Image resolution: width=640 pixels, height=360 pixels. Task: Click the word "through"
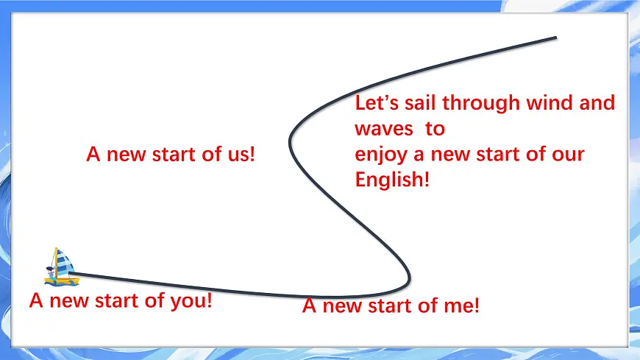pyautogui.click(x=481, y=104)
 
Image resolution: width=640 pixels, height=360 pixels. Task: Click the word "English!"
pyautogui.click(x=392, y=180)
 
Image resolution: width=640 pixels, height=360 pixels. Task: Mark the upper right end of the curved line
pyautogui.click(x=555, y=38)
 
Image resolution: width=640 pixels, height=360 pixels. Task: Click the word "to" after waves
pyautogui.click(x=435, y=129)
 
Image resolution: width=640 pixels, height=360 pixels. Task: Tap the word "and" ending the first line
pyautogui.click(x=597, y=103)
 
